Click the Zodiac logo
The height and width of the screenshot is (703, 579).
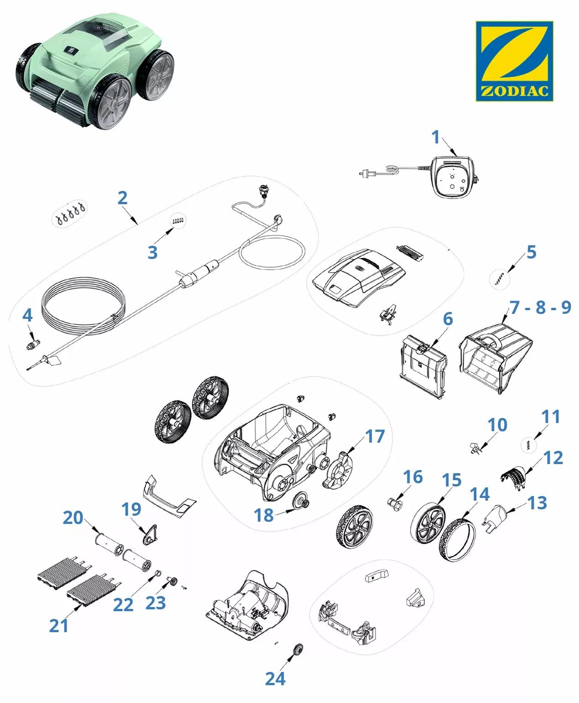514,61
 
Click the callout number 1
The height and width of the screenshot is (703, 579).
436,137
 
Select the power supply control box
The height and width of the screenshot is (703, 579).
454,177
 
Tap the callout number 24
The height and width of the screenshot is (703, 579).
275,678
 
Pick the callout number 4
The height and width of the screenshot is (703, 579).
27,316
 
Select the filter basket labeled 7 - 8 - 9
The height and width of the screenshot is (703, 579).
495,358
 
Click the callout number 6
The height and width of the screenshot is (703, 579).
448,319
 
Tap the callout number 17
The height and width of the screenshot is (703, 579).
375,436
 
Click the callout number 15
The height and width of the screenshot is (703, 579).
452,480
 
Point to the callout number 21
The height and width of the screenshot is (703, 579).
58,626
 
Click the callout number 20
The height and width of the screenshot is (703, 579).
73,518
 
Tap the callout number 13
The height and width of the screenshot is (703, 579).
537,503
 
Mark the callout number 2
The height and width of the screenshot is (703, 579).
122,198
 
